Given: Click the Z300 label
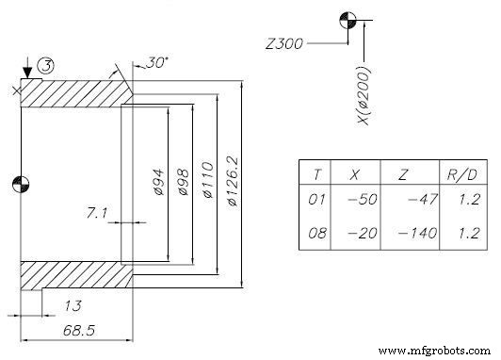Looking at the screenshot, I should (284, 42).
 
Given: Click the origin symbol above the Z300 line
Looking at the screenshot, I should (350, 23).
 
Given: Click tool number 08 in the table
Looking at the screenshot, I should (317, 233).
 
